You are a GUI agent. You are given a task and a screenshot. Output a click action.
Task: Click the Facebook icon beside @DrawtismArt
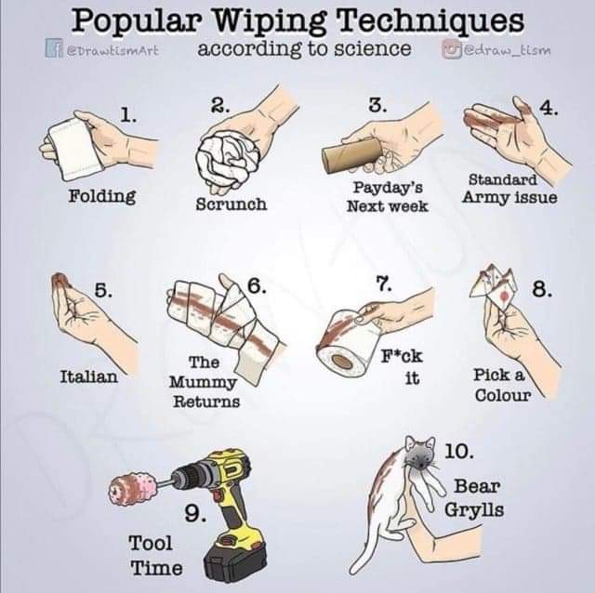(x=52, y=48)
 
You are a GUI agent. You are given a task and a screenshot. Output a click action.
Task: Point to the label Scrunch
(x=231, y=204)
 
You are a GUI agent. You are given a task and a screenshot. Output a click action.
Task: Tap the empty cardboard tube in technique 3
(x=352, y=155)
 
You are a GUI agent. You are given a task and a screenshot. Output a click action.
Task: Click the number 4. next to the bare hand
(x=549, y=109)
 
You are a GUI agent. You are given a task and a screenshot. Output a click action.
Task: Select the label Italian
(x=89, y=376)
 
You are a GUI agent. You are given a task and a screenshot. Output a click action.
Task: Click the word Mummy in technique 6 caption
(x=203, y=382)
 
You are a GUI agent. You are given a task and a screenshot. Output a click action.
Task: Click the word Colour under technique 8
(x=503, y=395)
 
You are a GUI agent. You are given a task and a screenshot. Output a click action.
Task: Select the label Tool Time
(x=156, y=555)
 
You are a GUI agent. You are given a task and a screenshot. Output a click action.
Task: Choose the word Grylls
(x=474, y=510)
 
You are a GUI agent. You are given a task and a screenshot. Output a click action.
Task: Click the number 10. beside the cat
(x=458, y=452)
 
